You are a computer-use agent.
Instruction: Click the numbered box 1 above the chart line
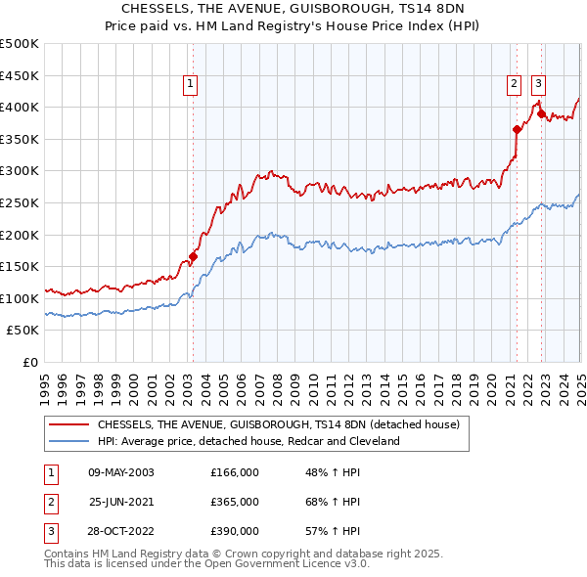coord(191,85)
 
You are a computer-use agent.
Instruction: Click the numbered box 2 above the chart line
coord(515,85)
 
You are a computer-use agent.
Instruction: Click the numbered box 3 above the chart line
coord(539,85)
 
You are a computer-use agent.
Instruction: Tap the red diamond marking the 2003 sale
coord(194,257)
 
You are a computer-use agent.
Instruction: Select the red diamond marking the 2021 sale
coord(517,129)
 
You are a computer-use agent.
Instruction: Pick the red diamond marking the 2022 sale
coord(541,113)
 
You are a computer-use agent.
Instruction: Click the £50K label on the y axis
coord(23,331)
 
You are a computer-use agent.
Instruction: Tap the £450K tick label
coord(20,75)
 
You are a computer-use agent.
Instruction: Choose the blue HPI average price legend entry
coord(248,441)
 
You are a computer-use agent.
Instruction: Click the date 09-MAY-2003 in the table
coord(121,472)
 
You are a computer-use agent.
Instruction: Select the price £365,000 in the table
coord(235,502)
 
